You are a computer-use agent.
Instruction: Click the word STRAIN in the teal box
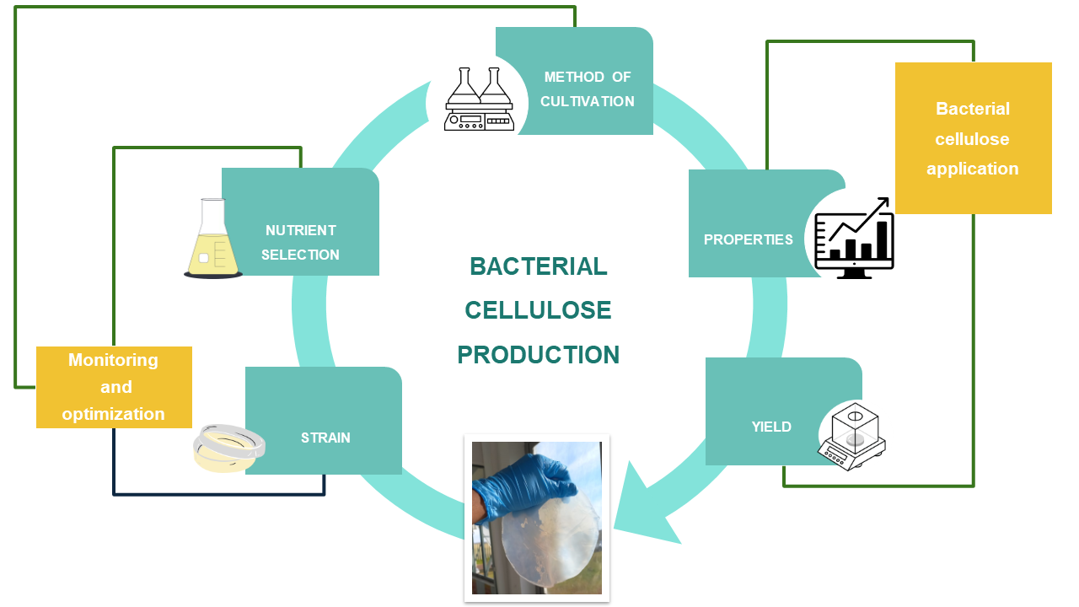(325, 438)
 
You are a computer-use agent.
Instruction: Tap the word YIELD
(771, 427)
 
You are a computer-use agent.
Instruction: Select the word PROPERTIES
(748, 239)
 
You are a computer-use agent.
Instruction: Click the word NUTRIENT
(301, 230)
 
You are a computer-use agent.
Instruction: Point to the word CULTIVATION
(588, 102)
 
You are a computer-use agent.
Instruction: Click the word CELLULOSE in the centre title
(538, 309)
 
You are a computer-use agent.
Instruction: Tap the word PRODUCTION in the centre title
(538, 355)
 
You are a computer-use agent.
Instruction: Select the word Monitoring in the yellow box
(113, 360)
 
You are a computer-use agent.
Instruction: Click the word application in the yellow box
(973, 169)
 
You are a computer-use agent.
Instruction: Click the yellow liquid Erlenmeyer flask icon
(213, 239)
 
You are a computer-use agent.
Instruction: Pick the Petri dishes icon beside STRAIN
(228, 448)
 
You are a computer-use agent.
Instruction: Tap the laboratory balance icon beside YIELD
(851, 437)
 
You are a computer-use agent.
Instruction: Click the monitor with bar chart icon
(854, 239)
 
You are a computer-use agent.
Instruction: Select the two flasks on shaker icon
(479, 99)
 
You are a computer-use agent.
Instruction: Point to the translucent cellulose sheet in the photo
(550, 537)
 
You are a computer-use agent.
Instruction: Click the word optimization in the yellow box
(113, 414)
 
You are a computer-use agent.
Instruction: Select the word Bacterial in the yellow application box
(973, 109)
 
